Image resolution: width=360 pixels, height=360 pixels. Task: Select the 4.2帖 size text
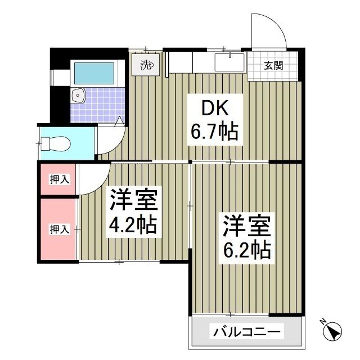[133, 225]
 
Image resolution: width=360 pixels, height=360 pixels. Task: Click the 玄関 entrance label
[274, 65]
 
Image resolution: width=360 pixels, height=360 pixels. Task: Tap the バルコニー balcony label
[246, 332]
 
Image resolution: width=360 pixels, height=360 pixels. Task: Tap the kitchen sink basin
[230, 60]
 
